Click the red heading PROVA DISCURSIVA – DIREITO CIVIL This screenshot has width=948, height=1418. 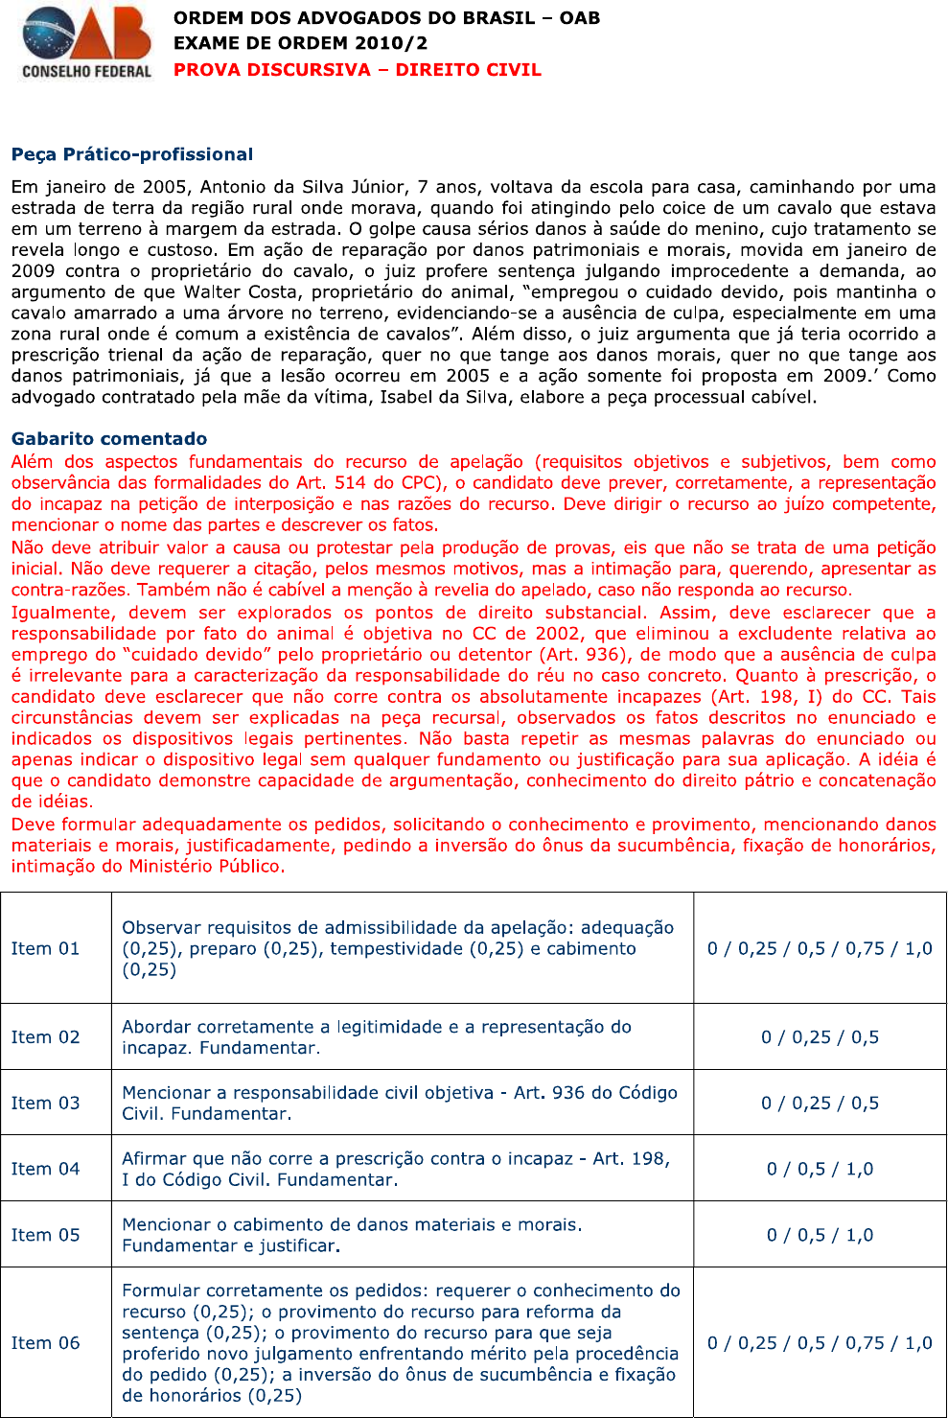pyautogui.click(x=357, y=70)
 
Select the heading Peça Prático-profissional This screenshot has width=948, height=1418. pyautogui.click(x=132, y=154)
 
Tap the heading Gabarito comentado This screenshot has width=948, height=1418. pyautogui.click(x=109, y=439)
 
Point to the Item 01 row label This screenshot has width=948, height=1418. pyautogui.click(x=45, y=948)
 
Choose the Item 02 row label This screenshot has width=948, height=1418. pyautogui.click(x=45, y=1037)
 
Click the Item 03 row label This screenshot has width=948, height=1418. pyautogui.click(x=45, y=1104)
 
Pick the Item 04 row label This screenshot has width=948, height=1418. pyautogui.click(x=45, y=1169)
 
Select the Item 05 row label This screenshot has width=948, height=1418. pyautogui.click(x=45, y=1235)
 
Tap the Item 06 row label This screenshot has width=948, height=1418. pyautogui.click(x=45, y=1343)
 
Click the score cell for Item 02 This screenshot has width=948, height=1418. pyautogui.click(x=820, y=1037)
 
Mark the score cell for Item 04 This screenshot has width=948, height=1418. pyautogui.click(x=820, y=1169)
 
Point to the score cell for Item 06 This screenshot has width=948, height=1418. pyautogui.click(x=820, y=1343)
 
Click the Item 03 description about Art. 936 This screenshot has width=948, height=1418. pyautogui.click(x=400, y=1104)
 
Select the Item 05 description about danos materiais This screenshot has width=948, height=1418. pyautogui.click(x=352, y=1235)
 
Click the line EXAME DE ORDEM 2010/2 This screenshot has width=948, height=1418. pyautogui.click(x=300, y=43)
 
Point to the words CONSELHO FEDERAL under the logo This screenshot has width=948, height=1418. pyautogui.click(x=86, y=71)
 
